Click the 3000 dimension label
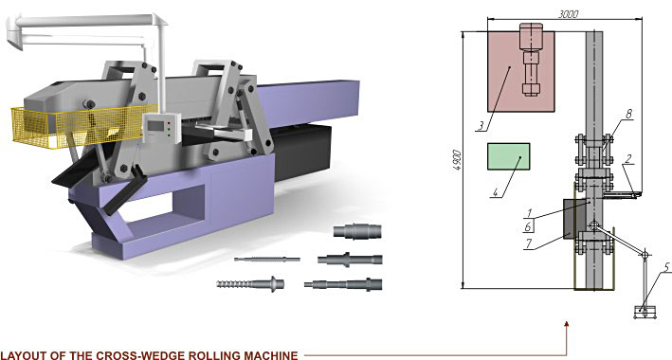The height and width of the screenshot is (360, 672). click(x=569, y=13)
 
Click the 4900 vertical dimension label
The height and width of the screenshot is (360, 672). click(x=457, y=160)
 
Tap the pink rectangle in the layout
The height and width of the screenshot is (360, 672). click(x=521, y=71)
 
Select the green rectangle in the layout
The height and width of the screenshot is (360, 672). click(x=509, y=156)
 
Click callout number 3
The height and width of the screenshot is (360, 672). click(x=481, y=126)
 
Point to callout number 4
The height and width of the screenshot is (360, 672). click(x=496, y=192)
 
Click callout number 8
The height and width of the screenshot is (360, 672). click(x=628, y=114)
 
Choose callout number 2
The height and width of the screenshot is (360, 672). click(x=628, y=158)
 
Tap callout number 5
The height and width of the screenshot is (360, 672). click(x=667, y=267)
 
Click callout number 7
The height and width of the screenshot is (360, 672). click(x=529, y=243)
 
